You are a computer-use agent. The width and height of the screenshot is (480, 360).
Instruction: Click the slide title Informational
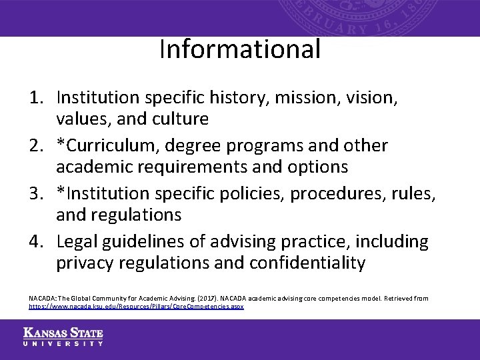(239, 49)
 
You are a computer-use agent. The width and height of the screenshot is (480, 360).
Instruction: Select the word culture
(181, 119)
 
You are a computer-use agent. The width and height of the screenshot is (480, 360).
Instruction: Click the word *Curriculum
(106, 145)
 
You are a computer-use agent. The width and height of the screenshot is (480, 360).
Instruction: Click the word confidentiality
(307, 263)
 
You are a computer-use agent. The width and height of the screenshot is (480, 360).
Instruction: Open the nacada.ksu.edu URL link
(136, 307)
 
